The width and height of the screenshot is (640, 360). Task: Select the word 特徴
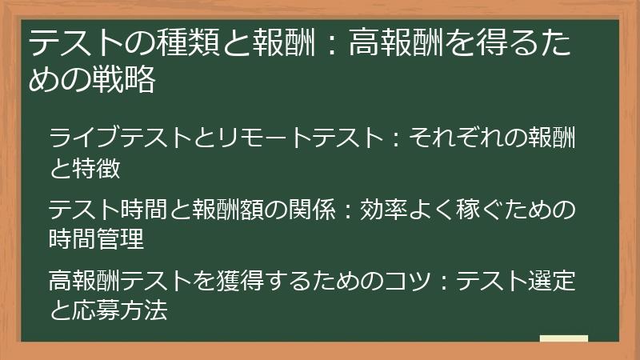point(100,169)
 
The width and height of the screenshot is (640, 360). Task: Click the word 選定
point(552,282)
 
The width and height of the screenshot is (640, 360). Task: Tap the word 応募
point(100,311)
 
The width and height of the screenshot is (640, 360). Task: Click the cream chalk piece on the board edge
point(564,339)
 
